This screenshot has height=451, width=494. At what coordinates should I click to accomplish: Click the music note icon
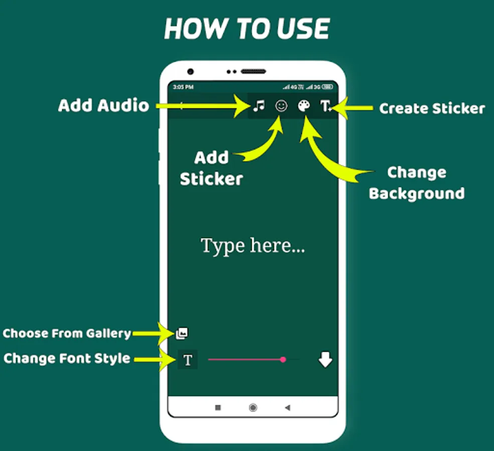[258, 106]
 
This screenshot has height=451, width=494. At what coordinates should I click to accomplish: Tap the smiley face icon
[281, 106]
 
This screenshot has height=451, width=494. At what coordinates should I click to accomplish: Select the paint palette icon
[304, 106]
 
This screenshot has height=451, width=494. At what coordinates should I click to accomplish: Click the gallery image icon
[182, 333]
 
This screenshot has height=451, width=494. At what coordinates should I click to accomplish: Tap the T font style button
[188, 360]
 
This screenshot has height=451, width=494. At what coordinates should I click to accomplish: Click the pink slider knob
[283, 359]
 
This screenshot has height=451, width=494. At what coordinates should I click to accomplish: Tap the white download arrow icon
[325, 359]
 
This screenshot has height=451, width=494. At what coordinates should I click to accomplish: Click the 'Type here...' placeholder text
[253, 246]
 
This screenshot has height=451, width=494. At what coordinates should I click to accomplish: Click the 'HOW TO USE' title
[247, 30]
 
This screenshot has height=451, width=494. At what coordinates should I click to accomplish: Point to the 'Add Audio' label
[103, 106]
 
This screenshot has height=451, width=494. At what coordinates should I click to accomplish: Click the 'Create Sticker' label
[431, 108]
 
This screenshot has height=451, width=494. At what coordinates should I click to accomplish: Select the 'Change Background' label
[416, 183]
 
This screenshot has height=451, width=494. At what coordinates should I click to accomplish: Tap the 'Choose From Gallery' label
[67, 333]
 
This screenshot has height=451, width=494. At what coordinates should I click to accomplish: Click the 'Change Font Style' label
[67, 358]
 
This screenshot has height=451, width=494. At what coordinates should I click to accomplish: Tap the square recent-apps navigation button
[218, 408]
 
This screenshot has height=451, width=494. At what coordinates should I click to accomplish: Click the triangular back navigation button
[287, 408]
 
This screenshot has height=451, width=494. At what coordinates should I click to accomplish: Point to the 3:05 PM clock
[183, 87]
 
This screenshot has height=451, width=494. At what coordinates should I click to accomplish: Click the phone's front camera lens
[190, 72]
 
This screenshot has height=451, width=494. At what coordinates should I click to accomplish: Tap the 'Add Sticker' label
[211, 168]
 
